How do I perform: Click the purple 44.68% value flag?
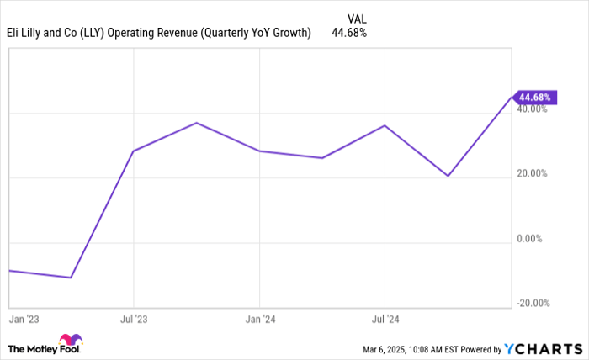click(534, 97)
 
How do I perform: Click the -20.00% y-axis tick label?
click(535, 304)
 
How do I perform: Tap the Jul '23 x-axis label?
click(134, 320)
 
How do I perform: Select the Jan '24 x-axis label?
click(259, 320)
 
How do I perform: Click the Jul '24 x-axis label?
click(385, 320)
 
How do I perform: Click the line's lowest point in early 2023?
click(71, 278)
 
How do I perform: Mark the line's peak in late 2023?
click(197, 123)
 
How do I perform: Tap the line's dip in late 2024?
click(448, 176)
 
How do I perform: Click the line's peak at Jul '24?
click(385, 125)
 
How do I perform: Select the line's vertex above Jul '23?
click(134, 151)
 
